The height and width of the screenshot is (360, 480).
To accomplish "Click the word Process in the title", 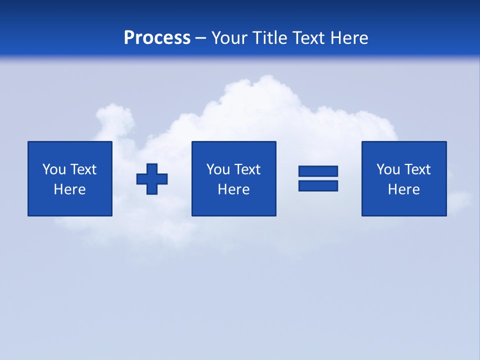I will [157, 38].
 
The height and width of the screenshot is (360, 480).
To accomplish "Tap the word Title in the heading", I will [270, 38].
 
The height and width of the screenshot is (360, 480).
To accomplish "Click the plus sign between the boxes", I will [152, 179].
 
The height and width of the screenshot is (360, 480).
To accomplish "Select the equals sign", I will [318, 178].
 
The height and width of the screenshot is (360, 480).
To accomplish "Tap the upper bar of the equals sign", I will [318, 171].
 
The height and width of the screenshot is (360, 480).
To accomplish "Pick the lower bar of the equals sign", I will [318, 185].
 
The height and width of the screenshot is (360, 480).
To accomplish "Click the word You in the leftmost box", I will [54, 169].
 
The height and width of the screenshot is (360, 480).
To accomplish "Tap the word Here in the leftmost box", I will [70, 189].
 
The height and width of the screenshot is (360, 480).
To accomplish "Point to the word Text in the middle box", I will [247, 169].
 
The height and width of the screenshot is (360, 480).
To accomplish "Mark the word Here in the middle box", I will [233, 189].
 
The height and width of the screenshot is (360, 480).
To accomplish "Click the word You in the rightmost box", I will [388, 169].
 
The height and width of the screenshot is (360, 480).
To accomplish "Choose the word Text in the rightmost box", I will [417, 169].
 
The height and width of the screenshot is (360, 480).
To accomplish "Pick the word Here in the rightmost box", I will [403, 189].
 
